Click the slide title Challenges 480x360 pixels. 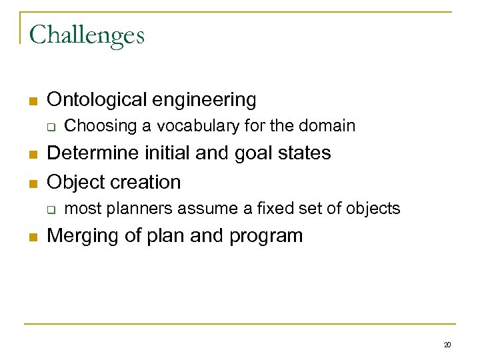[x=87, y=35]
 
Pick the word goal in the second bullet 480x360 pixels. [x=242, y=153]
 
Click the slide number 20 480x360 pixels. [x=447, y=345]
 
